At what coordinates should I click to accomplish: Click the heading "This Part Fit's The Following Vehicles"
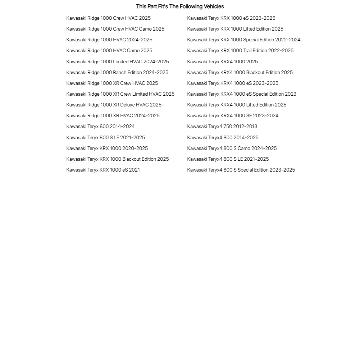(x=180, y=6)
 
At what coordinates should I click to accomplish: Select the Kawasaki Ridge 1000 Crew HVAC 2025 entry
(x=108, y=18)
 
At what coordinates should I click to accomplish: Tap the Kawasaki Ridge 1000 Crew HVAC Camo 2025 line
(x=115, y=29)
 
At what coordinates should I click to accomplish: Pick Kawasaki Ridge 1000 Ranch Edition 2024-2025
(x=117, y=73)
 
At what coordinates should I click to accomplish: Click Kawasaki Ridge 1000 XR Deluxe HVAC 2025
(x=114, y=105)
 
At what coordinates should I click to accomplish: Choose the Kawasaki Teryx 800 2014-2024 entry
(x=100, y=127)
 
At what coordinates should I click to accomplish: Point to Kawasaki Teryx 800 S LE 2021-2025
(x=105, y=138)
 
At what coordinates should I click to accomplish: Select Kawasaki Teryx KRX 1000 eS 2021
(x=103, y=170)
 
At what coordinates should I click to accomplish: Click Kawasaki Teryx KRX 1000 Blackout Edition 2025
(x=117, y=159)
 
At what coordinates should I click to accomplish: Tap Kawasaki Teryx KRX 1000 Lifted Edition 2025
(x=235, y=29)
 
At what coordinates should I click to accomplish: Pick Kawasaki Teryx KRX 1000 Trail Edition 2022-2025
(x=240, y=51)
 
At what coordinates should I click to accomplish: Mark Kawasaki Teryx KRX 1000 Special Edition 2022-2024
(x=243, y=40)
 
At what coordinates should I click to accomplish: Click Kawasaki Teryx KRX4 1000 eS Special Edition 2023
(x=242, y=94)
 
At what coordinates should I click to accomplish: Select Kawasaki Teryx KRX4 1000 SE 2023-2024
(x=233, y=116)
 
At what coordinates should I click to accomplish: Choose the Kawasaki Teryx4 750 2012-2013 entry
(x=222, y=127)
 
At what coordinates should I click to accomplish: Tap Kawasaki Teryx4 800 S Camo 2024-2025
(x=232, y=149)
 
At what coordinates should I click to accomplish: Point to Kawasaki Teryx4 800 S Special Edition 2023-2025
(x=241, y=170)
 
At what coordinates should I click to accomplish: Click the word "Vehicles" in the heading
(x=214, y=6)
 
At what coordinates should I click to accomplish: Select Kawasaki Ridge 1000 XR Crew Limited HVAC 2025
(x=120, y=94)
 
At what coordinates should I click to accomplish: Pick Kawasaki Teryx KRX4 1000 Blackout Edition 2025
(x=240, y=73)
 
